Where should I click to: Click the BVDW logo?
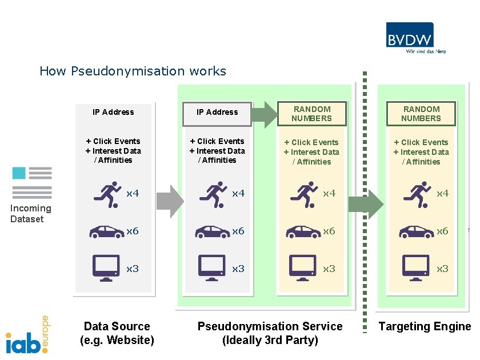[x=415, y=37]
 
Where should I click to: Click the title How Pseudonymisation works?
[x=133, y=71]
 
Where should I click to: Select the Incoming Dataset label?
[x=30, y=213]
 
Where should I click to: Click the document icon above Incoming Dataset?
[x=32, y=182]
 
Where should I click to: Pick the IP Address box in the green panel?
[x=217, y=113]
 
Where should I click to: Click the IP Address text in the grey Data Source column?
[x=113, y=112]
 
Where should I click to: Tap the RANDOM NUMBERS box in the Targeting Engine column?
[x=421, y=114]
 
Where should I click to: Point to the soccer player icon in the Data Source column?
[x=107, y=194]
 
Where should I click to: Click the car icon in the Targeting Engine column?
[x=417, y=231]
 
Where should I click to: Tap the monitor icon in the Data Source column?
[x=106, y=266]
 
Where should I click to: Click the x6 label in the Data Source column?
[x=133, y=231]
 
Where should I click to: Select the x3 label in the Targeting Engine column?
[x=442, y=268]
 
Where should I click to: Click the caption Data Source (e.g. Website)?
[x=117, y=333]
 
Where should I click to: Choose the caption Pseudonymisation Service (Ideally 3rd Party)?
[x=270, y=333]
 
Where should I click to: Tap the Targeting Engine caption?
[x=425, y=326]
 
